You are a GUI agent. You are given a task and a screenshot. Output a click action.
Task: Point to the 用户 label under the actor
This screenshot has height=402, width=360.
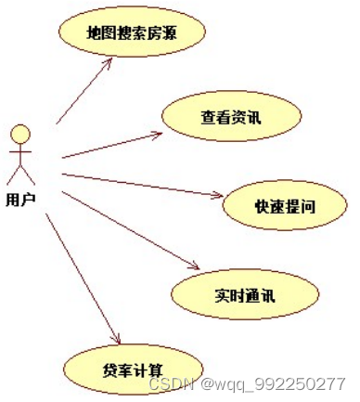click(20, 198)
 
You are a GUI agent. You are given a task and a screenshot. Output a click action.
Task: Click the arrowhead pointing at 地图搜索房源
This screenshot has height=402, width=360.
click(110, 64)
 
